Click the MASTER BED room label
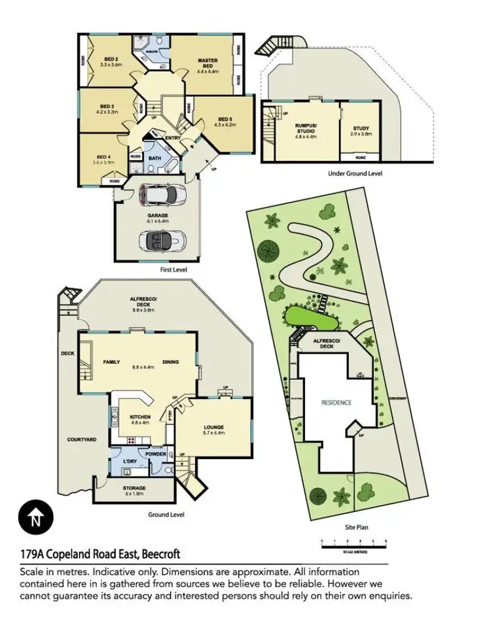208,61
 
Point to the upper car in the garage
161,194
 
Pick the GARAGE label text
157,215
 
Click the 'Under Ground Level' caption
355,173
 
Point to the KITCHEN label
140,417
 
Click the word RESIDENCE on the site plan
336,403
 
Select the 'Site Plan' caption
354,525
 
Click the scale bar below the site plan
354,542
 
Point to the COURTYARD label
82,439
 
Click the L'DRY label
130,462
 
